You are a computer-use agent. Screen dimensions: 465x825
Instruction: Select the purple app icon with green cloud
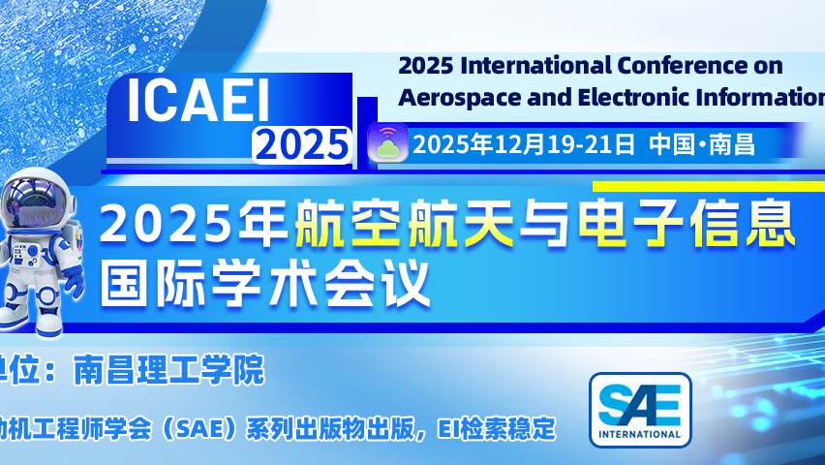coord(388,143)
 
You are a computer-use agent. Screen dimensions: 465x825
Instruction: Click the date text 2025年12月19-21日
coord(524,144)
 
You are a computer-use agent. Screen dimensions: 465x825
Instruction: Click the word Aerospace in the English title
coord(457,97)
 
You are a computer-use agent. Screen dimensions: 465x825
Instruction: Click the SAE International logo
coord(640,408)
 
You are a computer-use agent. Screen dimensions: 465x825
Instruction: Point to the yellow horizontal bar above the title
coord(707,185)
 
